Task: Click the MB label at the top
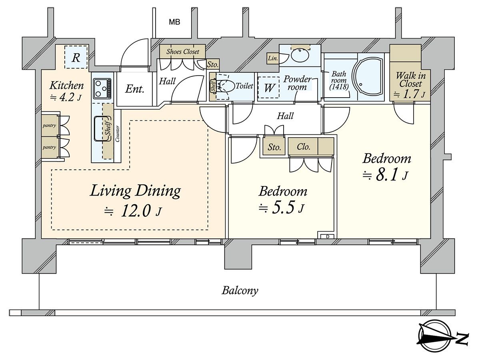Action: point(174,22)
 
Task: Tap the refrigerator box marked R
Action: point(76,58)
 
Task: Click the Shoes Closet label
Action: point(182,52)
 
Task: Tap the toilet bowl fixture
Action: point(227,86)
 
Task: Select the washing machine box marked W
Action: point(269,88)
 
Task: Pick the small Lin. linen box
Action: point(273,59)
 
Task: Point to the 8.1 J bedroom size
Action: point(386,175)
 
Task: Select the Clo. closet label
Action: point(304,147)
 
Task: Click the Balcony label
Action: point(240,290)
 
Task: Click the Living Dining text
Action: point(135,191)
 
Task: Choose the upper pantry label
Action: point(49,126)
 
